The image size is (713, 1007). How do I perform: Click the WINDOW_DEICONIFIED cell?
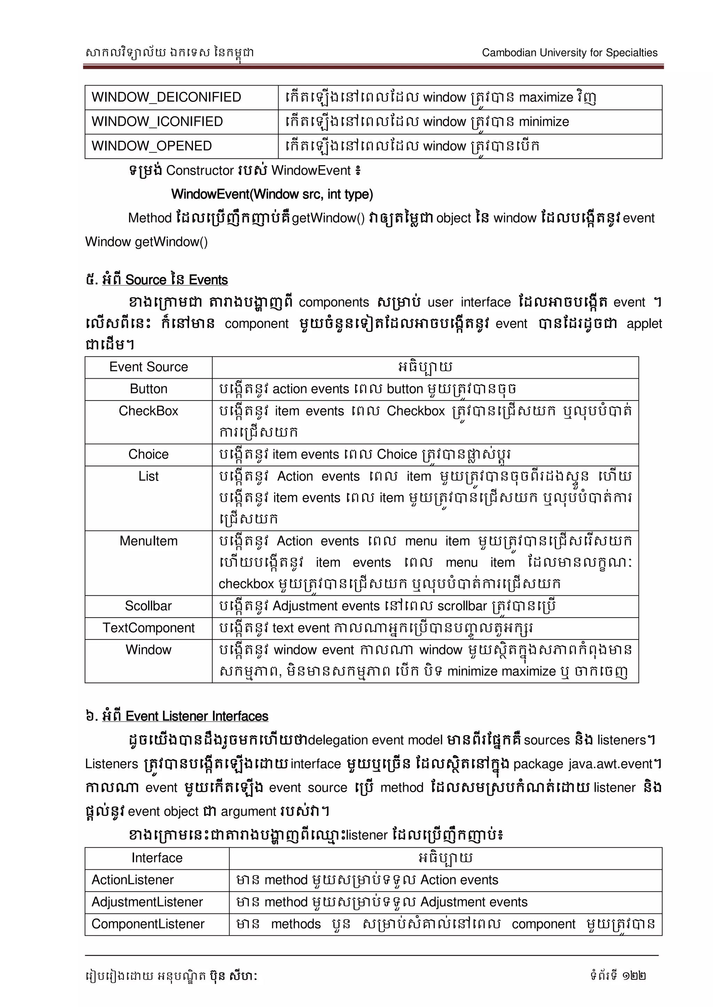(166, 97)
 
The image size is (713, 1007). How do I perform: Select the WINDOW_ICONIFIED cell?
(157, 121)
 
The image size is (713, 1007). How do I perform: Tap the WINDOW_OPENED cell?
(151, 146)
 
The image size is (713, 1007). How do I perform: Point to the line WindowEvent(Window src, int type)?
(272, 194)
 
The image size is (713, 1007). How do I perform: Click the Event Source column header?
(148, 366)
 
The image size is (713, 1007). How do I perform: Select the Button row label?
(148, 389)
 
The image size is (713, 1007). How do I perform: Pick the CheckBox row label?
(148, 411)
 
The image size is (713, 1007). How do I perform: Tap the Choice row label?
(148, 454)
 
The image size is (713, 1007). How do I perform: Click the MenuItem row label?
(148, 541)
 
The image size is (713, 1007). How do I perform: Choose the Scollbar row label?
(148, 606)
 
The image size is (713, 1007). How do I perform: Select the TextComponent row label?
(148, 628)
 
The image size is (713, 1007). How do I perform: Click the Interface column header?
(157, 858)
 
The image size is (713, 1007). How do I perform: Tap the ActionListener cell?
(133, 880)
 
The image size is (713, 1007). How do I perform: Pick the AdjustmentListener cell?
(147, 902)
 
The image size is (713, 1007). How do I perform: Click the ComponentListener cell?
(148, 924)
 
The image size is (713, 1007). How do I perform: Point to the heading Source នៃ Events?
(165, 280)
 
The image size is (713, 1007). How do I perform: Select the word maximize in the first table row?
(546, 97)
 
